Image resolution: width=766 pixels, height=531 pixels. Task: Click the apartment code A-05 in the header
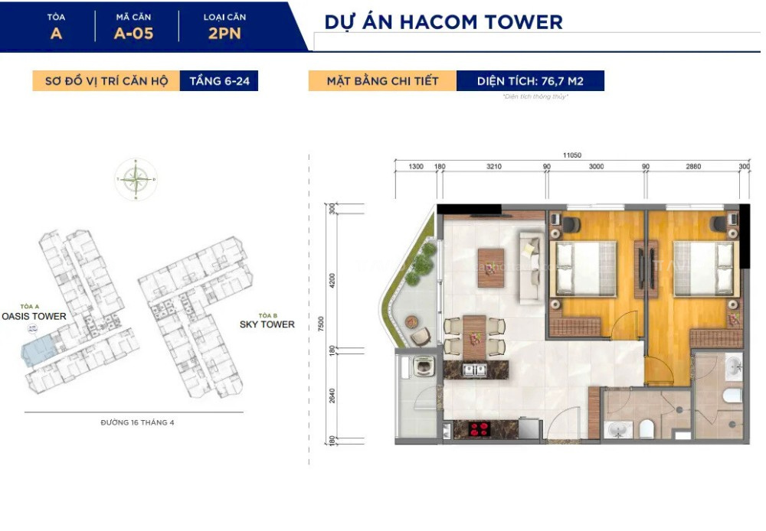(133, 33)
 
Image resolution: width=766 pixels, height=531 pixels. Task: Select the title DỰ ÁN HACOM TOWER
(444, 21)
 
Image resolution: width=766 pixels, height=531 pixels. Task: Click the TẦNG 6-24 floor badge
(218, 81)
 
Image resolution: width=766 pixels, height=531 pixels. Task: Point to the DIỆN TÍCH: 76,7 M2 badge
(530, 81)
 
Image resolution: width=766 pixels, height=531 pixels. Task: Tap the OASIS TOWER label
(34, 316)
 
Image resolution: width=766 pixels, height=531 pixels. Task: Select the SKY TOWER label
(267, 324)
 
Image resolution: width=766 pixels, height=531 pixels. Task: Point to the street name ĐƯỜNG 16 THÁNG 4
(137, 422)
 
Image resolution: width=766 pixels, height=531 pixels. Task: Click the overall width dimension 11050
(571, 155)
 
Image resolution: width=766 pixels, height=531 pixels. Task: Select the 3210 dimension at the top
(493, 166)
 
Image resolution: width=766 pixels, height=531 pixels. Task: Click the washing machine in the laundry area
(420, 368)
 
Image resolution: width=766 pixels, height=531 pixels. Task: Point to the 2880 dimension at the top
(694, 166)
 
